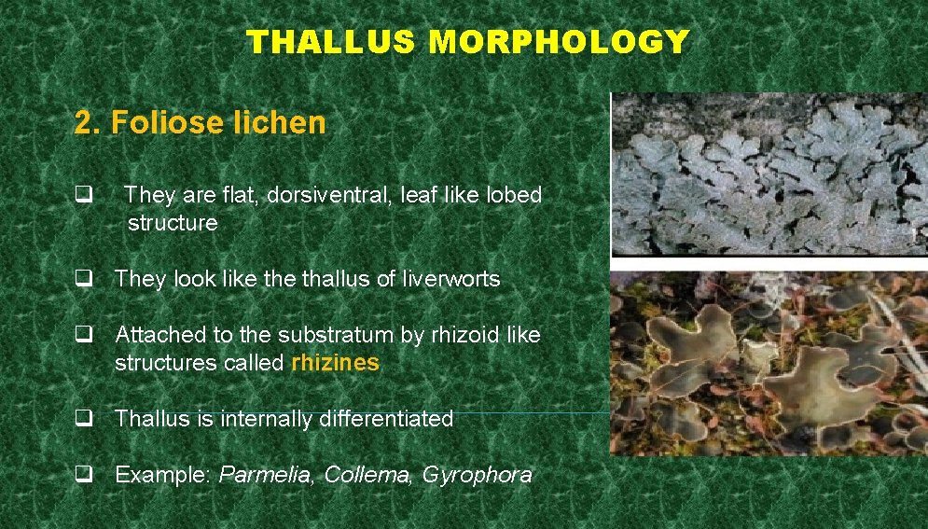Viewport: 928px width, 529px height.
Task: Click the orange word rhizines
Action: [x=335, y=363]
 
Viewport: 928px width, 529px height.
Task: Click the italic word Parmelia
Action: [x=268, y=475]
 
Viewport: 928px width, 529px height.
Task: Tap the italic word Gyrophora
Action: [x=477, y=475]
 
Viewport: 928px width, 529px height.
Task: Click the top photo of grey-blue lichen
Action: [x=769, y=174]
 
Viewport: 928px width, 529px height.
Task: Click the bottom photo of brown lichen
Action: [x=769, y=363]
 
